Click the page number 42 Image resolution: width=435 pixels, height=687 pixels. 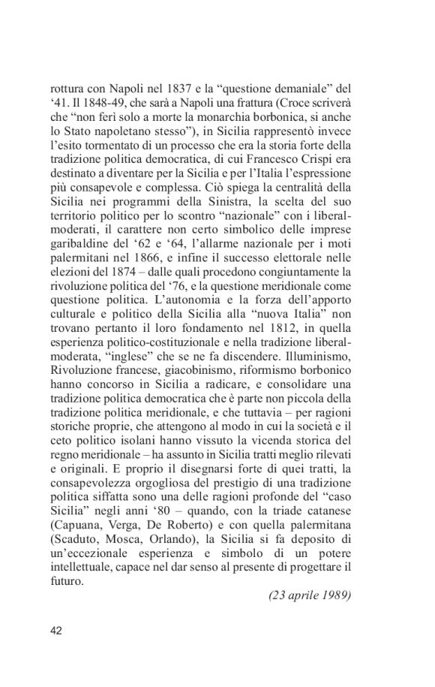click(55, 630)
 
